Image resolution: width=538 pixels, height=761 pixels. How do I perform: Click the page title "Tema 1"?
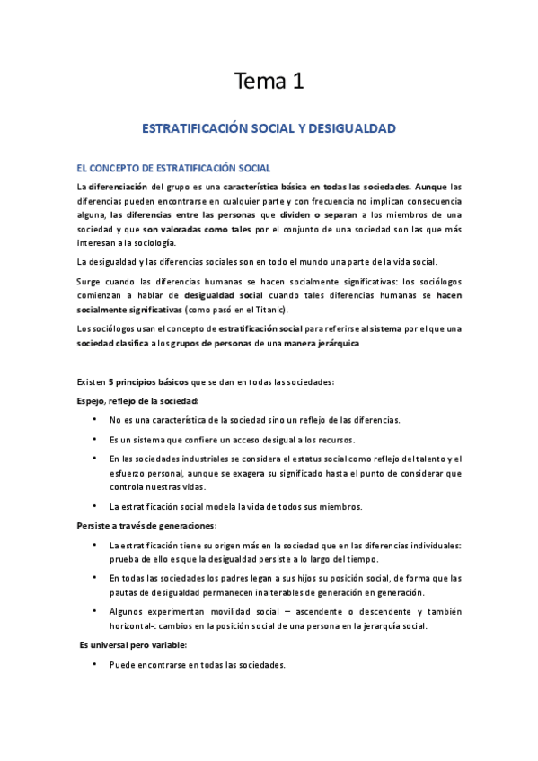(x=269, y=83)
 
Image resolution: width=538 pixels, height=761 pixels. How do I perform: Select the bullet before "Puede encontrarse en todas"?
(x=94, y=665)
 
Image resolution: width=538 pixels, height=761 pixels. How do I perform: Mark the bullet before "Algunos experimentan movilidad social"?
(x=94, y=611)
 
